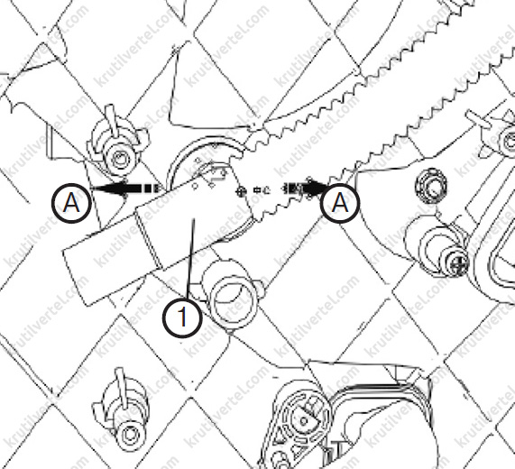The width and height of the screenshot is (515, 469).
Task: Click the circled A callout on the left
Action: (71, 203)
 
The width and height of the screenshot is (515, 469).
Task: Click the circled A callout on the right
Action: (340, 203)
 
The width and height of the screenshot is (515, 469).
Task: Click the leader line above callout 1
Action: (191, 259)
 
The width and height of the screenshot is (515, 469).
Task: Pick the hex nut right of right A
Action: (431, 185)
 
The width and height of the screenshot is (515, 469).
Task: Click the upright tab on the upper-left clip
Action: (111, 120)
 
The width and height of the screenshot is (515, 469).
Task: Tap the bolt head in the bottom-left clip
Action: (129, 435)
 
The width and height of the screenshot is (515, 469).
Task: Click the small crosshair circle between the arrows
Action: (242, 191)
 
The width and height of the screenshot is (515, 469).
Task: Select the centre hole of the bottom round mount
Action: (304, 420)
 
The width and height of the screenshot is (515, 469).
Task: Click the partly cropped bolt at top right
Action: (509, 140)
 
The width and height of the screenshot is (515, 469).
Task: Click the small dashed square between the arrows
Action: (257, 190)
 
